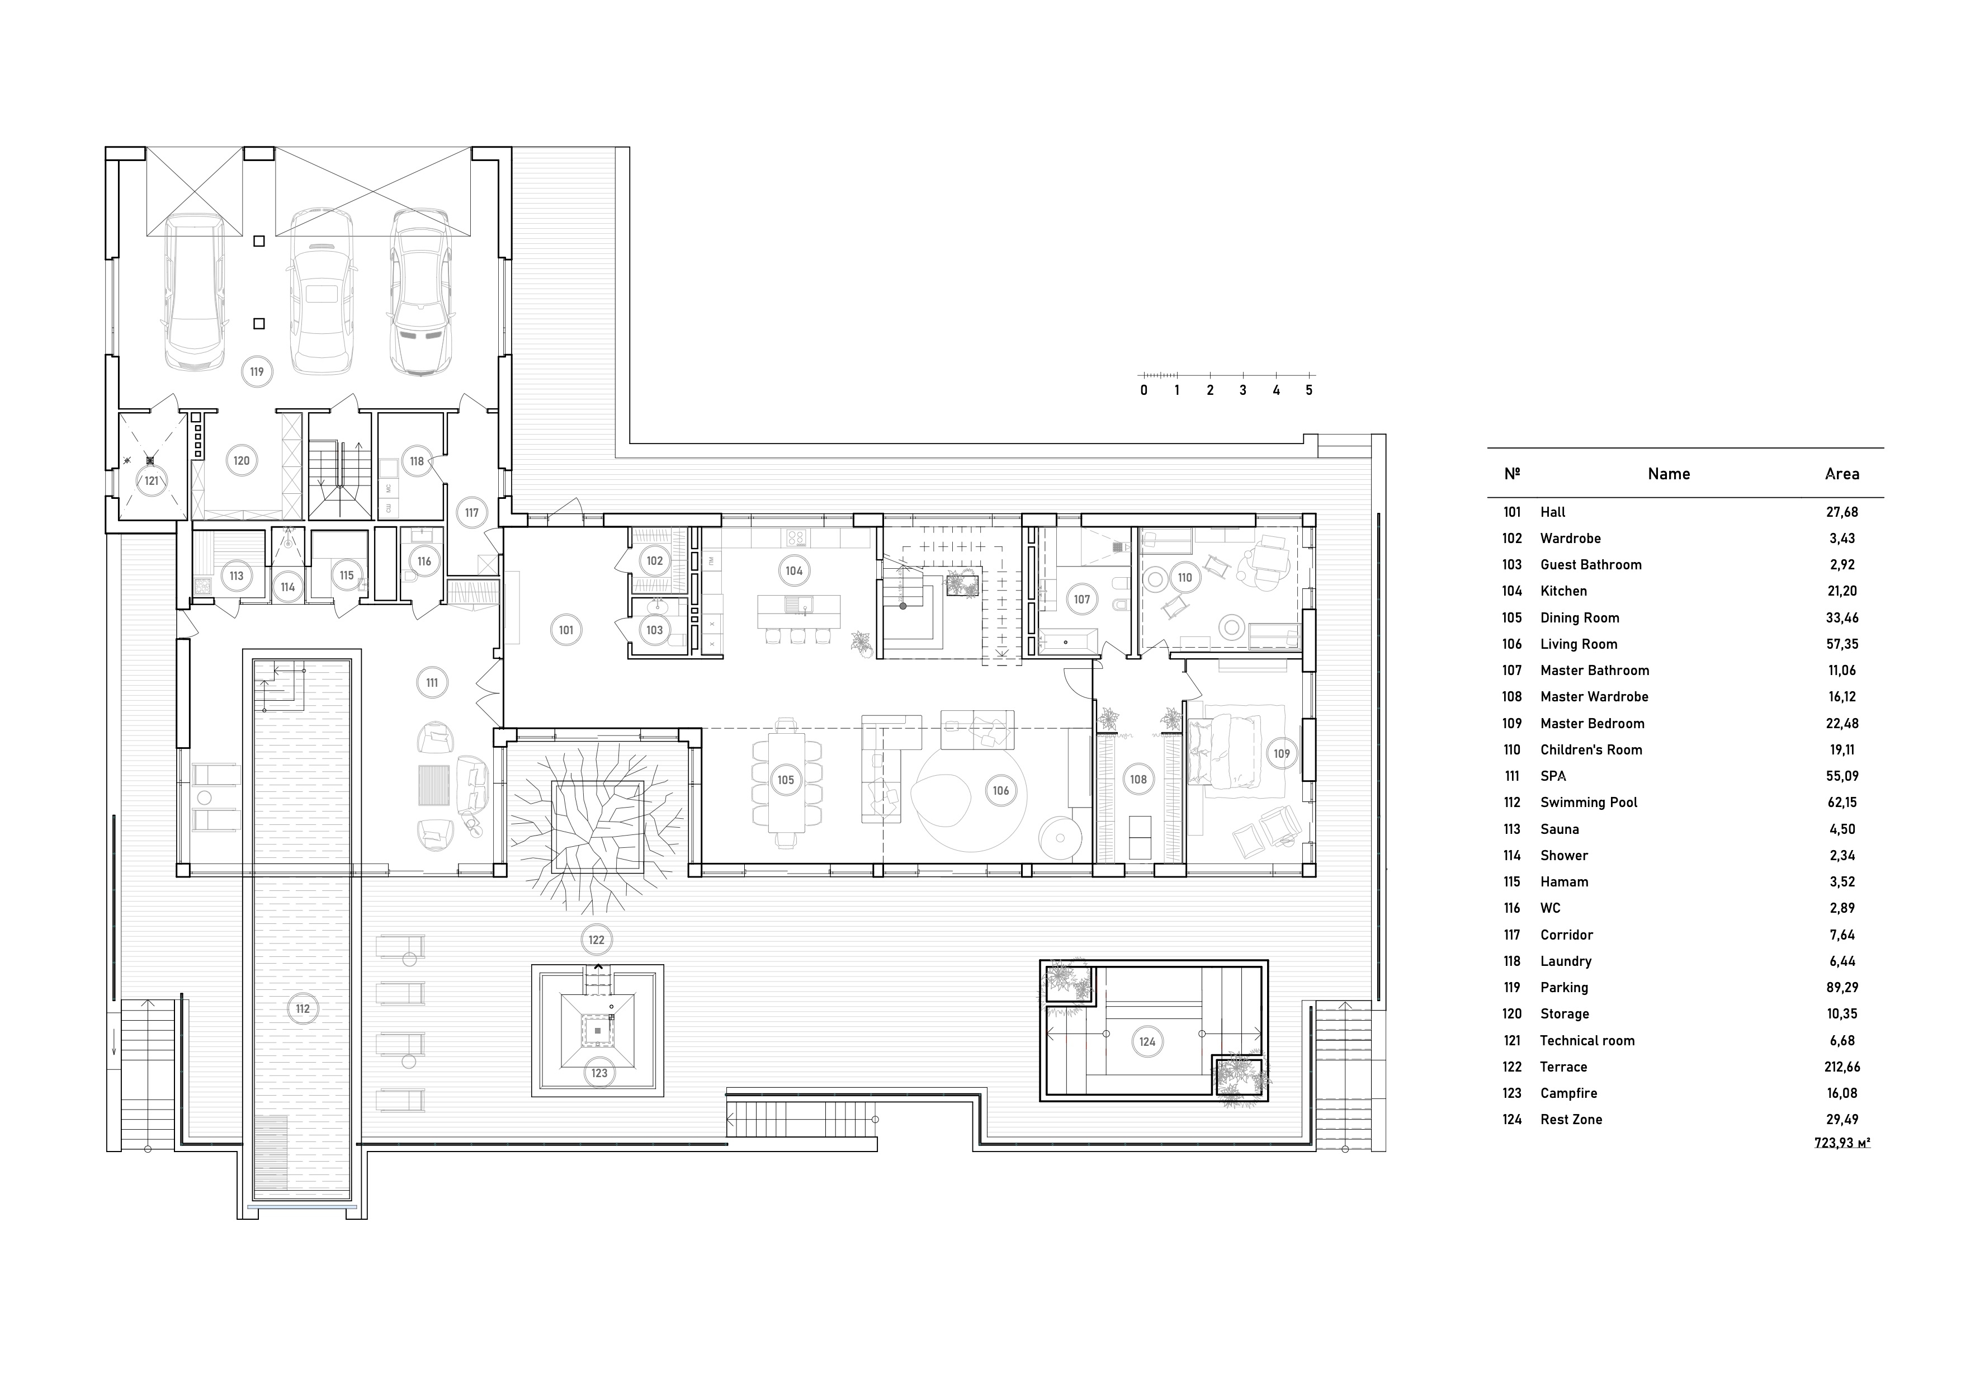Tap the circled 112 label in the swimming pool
(x=303, y=1008)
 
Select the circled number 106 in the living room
(x=1001, y=791)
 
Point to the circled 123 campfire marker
(x=599, y=1073)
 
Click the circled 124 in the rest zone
(x=1147, y=1041)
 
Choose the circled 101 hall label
(x=566, y=630)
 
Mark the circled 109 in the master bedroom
(x=1282, y=753)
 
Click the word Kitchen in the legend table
(x=1564, y=591)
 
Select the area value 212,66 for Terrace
(x=1842, y=1067)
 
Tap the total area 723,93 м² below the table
(x=1842, y=1143)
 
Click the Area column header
(x=1842, y=474)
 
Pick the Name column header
(x=1669, y=474)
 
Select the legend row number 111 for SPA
(x=1512, y=776)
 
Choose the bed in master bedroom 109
(x=1225, y=752)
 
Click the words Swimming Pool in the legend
(x=1589, y=803)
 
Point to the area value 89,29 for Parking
(x=1842, y=987)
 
